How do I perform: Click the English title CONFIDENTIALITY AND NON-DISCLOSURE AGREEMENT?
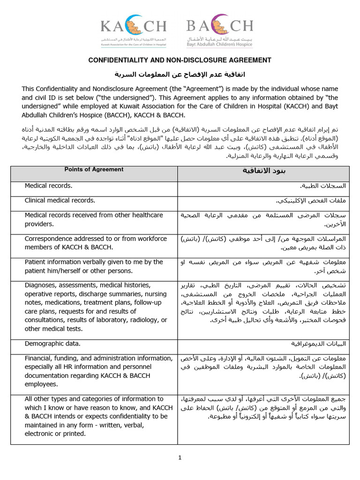click(180, 60)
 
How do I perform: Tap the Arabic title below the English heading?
click(180, 75)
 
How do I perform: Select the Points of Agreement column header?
click(94, 170)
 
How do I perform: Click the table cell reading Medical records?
click(49, 186)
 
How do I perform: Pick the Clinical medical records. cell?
click(60, 201)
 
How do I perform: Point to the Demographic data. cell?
click(52, 344)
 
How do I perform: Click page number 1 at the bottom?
click(180, 458)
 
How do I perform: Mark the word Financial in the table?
click(39, 358)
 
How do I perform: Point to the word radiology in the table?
click(141, 320)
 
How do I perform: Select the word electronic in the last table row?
click(41, 434)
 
